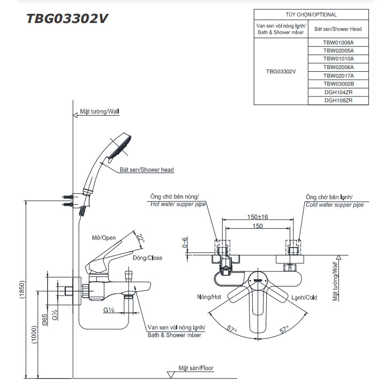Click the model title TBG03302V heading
click(68, 18)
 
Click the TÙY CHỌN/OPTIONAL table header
click(311, 15)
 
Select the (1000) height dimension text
click(34, 335)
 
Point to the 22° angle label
click(141, 237)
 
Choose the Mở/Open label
click(104, 238)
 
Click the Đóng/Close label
click(147, 258)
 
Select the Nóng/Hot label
click(209, 297)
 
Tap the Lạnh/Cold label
click(304, 297)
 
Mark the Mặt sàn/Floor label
click(196, 368)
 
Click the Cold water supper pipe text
click(335, 205)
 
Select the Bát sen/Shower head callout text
click(146, 170)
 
